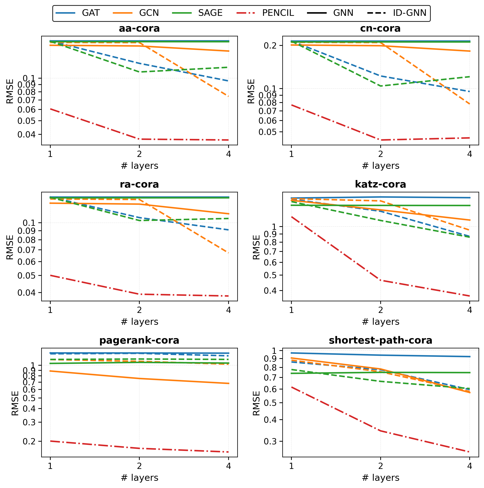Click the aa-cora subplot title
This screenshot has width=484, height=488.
click(139, 29)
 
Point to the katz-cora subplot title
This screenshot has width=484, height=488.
click(380, 184)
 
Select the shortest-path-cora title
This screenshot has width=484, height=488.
click(380, 340)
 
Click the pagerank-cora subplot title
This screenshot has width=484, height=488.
click(139, 340)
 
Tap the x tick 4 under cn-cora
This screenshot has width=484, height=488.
click(469, 154)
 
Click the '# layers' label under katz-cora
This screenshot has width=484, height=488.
click(380, 321)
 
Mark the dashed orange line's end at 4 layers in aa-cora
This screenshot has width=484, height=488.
click(228, 97)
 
